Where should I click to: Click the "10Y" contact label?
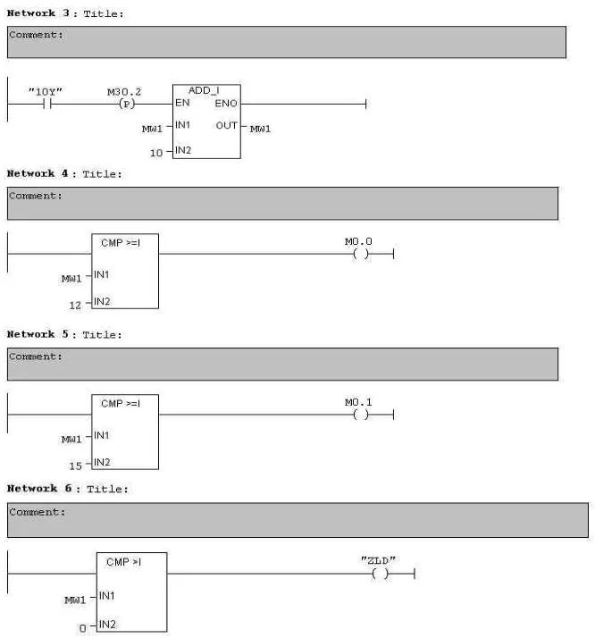(x=46, y=91)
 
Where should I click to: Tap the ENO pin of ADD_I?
(x=226, y=104)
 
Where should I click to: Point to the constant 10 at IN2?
(x=155, y=153)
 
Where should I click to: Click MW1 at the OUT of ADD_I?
(x=260, y=129)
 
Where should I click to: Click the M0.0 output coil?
(x=360, y=254)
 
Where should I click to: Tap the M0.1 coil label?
(x=358, y=402)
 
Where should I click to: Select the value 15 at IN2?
(x=76, y=465)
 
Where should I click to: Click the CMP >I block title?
(x=123, y=561)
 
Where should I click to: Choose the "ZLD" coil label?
(x=378, y=560)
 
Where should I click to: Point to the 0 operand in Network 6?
(x=82, y=628)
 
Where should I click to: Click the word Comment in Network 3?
(x=35, y=35)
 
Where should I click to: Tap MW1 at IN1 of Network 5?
(x=71, y=439)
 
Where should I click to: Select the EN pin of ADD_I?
(x=182, y=104)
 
